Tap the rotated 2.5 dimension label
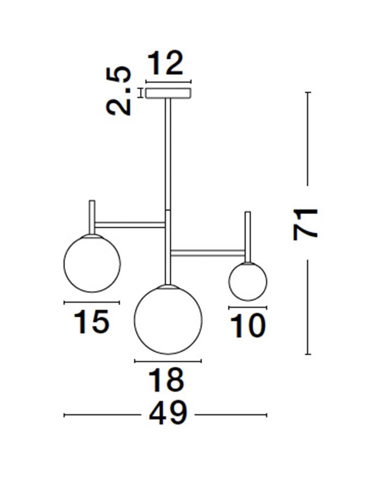tap(119, 91)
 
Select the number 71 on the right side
tap(305, 224)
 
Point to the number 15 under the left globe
tap(91, 321)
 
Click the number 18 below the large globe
tap(167, 380)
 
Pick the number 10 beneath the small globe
tap(247, 326)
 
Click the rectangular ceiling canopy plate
tap(169, 93)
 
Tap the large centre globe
tap(168, 320)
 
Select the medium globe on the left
tap(92, 263)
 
